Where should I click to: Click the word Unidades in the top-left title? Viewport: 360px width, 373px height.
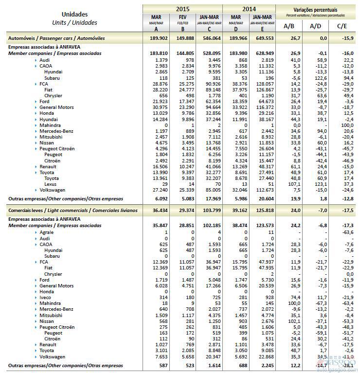click(74, 14)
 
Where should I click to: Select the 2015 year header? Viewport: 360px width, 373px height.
click(182, 9)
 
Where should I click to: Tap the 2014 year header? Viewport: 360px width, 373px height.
click(249, 9)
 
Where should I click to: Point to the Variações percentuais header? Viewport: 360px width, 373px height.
click(315, 9)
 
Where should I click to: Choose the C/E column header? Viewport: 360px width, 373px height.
click(342, 26)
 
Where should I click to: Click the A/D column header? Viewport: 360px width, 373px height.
click(315, 26)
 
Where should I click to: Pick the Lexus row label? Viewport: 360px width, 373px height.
click(51, 185)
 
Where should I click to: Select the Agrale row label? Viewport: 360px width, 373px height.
click(46, 233)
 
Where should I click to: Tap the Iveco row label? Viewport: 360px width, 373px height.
click(45, 297)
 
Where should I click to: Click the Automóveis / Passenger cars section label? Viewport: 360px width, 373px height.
click(56, 38)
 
